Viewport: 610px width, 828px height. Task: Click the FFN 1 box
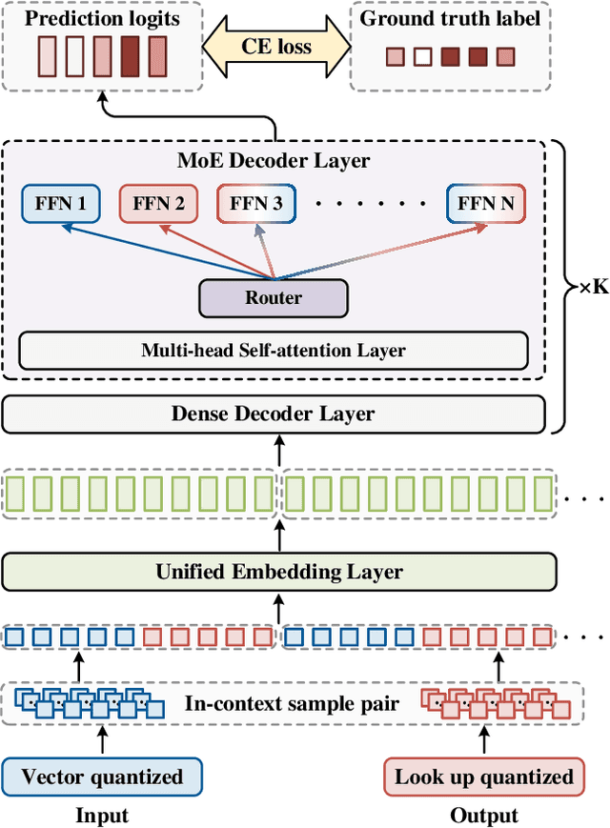coord(60,203)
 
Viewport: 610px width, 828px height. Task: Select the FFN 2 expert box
coord(158,203)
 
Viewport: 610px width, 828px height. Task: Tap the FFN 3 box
coord(256,203)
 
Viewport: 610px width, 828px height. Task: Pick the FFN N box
coord(485,203)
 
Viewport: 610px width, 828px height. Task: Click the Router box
coord(274,298)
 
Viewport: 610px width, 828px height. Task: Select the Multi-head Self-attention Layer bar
coord(274,350)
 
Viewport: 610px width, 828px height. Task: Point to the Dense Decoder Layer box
coord(274,414)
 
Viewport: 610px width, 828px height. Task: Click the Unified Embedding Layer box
coord(279,572)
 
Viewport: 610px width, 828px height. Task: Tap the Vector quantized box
coord(102,777)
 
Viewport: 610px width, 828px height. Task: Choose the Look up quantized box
coord(484,777)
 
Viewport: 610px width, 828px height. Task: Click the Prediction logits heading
coord(102,17)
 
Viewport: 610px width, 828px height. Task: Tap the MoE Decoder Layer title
coord(274,161)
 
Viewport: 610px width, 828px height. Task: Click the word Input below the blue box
coord(102,815)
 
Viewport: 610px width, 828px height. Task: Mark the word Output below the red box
coord(484,815)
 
